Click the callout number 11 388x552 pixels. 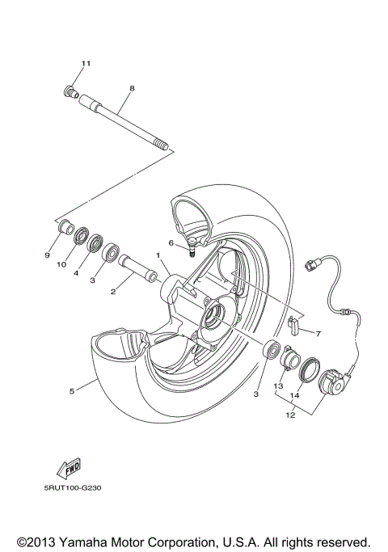pos(86,64)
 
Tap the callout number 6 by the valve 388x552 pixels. pos(171,242)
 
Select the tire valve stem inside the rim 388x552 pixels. pos(193,246)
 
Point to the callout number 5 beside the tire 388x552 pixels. pos(72,391)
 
